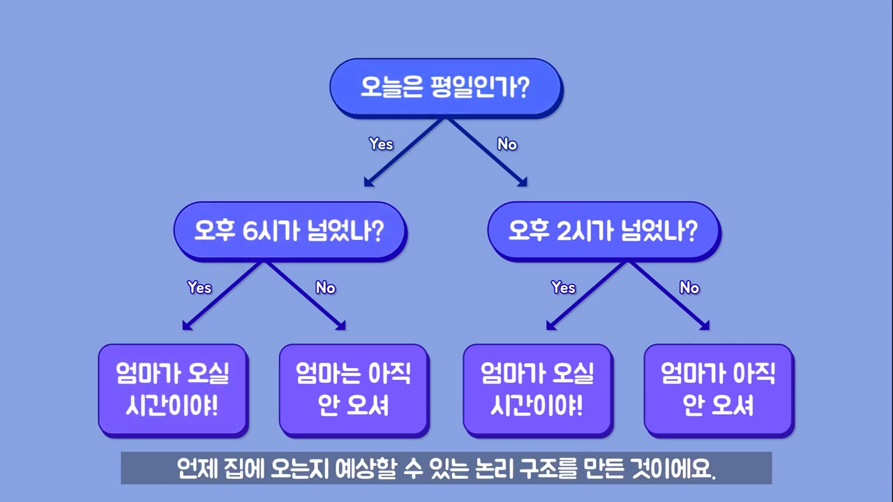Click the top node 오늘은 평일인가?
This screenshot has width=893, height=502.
[x=446, y=88]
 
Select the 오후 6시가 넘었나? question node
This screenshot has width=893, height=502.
[x=290, y=231]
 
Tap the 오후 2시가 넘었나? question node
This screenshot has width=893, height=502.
[x=604, y=231]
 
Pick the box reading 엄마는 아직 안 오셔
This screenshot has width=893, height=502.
[x=354, y=391]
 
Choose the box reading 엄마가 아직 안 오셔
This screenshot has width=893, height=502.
[x=719, y=391]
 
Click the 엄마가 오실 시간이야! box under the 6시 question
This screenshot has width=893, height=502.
[x=174, y=391]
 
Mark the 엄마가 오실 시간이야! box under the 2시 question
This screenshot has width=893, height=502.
[x=538, y=391]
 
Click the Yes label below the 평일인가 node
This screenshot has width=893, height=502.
[x=381, y=144]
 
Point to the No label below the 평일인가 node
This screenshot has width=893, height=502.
[x=507, y=144]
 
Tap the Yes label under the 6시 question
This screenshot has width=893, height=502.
[x=200, y=287]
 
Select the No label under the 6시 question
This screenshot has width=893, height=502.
[x=325, y=287]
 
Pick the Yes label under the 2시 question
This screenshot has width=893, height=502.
[x=563, y=287]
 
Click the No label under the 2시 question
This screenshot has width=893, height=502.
[x=689, y=287]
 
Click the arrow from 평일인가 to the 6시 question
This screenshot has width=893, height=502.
[x=403, y=153]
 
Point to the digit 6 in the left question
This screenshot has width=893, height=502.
[x=250, y=231]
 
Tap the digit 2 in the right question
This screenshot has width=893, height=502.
[x=564, y=231]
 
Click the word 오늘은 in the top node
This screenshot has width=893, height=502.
[x=391, y=87]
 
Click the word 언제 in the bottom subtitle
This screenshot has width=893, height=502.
[x=197, y=469]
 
